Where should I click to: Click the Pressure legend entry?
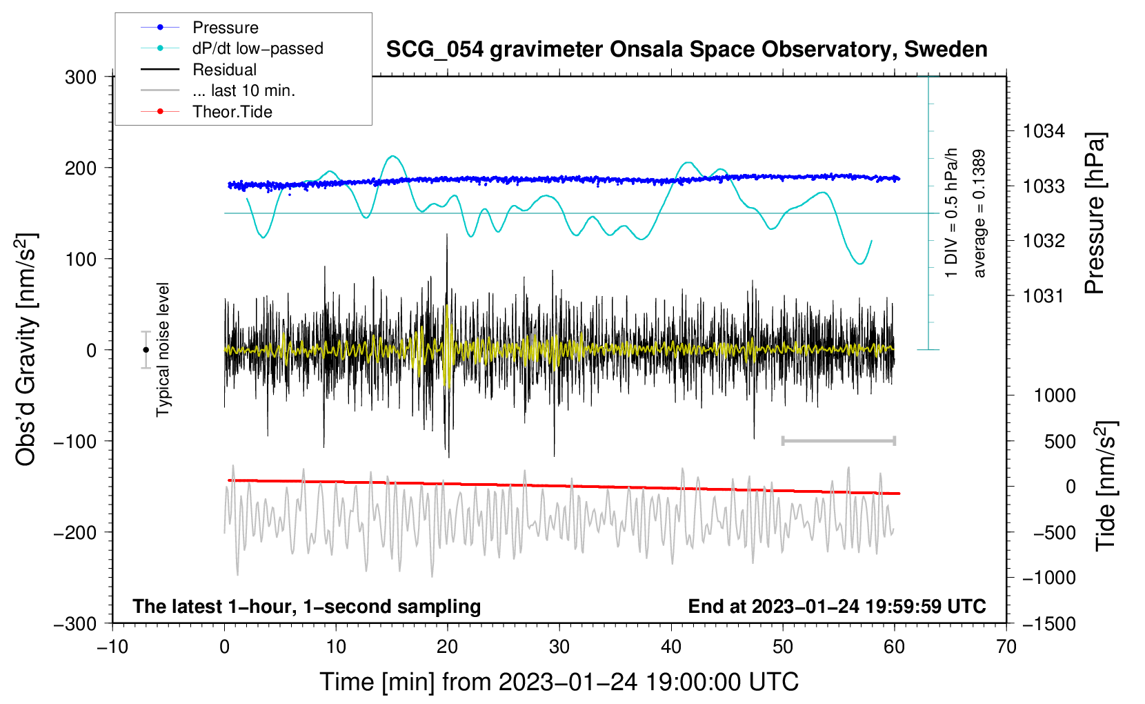[200, 27]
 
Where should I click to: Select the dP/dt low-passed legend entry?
[232, 48]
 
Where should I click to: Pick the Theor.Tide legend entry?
[206, 112]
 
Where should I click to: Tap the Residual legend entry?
[199, 70]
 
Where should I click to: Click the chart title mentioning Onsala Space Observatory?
[686, 50]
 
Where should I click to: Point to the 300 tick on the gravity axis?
[81, 77]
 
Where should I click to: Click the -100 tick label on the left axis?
[75, 441]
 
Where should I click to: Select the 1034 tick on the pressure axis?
[1044, 132]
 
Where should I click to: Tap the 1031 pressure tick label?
[1044, 295]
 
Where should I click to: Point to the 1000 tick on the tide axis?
[1055, 395]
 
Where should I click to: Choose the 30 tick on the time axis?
[559, 647]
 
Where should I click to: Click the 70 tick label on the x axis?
[1006, 647]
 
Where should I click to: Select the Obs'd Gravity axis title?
[26, 349]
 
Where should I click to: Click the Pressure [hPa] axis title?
[1095, 213]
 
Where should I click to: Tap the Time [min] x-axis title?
[559, 682]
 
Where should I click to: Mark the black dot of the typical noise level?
[146, 350]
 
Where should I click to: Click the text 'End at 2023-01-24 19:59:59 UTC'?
[837, 606]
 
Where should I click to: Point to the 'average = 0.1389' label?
[978, 213]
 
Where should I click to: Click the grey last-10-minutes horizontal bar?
[838, 440]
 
